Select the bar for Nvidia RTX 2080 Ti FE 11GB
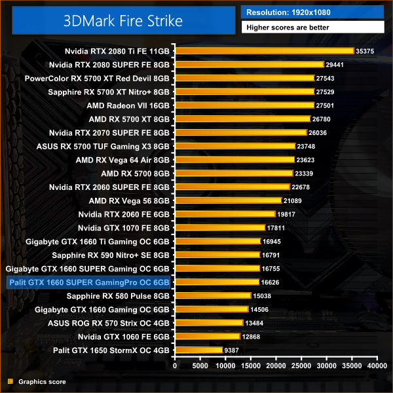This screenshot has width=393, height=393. point(265,50)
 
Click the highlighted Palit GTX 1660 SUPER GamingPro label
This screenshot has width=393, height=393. point(88,282)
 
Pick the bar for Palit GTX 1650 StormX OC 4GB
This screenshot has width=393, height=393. point(198,350)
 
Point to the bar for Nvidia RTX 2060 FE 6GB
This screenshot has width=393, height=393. point(225,214)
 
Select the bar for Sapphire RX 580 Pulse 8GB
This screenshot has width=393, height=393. point(213,296)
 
